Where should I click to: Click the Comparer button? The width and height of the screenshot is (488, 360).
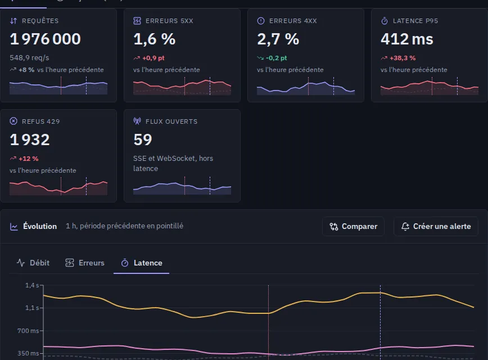pyautogui.click(x=353, y=226)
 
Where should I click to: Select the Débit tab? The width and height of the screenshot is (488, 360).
pyautogui.click(x=33, y=263)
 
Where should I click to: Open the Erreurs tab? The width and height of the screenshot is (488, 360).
pyautogui.click(x=85, y=263)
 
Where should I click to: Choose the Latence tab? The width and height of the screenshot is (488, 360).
pyautogui.click(x=142, y=263)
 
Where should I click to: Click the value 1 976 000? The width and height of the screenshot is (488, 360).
pyautogui.click(x=46, y=39)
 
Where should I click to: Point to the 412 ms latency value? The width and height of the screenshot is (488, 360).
pyautogui.click(x=407, y=39)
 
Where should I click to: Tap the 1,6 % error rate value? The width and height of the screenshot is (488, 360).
pyautogui.click(x=155, y=39)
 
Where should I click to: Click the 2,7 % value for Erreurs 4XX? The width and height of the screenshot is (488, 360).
pyautogui.click(x=278, y=39)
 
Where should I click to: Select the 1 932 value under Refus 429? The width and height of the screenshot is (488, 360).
pyautogui.click(x=30, y=139)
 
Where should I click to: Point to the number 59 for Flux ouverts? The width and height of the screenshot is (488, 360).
pyautogui.click(x=143, y=139)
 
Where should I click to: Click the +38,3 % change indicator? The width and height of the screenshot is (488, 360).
pyautogui.click(x=403, y=58)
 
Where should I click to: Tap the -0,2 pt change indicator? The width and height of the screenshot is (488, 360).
pyautogui.click(x=277, y=58)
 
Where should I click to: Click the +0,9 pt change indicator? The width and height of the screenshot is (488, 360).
pyautogui.click(x=153, y=58)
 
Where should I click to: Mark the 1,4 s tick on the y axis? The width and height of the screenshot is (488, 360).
pyautogui.click(x=32, y=285)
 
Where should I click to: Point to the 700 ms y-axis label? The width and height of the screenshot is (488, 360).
pyautogui.click(x=28, y=331)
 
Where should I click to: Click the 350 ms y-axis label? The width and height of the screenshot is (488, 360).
pyautogui.click(x=28, y=353)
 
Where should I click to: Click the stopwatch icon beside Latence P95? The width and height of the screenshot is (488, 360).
pyautogui.click(x=385, y=21)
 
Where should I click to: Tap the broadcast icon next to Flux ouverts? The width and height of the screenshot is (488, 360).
pyautogui.click(x=137, y=121)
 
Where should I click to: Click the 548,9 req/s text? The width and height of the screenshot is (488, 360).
pyautogui.click(x=29, y=58)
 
